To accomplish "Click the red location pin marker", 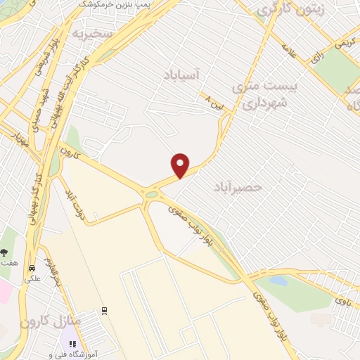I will (x=181, y=165).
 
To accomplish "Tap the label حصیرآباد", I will (x=238, y=187).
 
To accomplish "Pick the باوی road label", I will (x=342, y=301).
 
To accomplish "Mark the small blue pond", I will (x=278, y=281).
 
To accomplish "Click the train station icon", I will (x=104, y=310).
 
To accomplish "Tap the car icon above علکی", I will (x=31, y=268).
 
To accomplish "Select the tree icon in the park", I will (x=5, y=252).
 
